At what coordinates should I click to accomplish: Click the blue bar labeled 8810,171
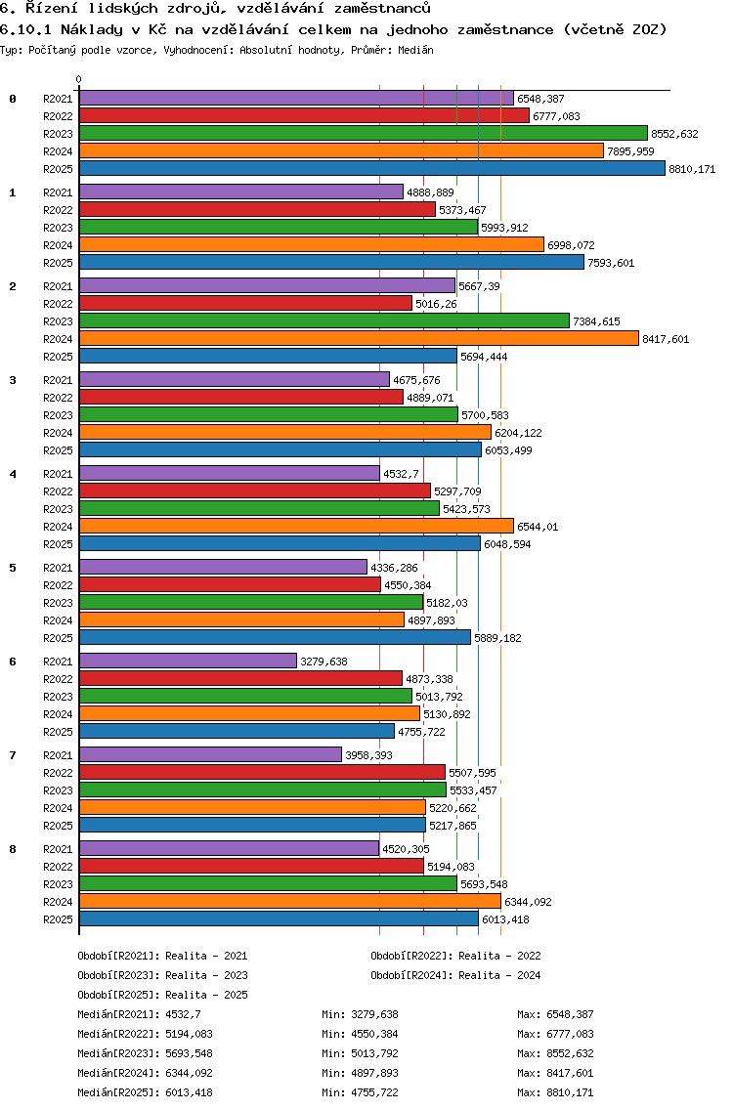(x=371, y=168)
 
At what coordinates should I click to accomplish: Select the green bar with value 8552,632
(x=363, y=133)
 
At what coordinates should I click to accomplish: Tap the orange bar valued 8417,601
(x=359, y=338)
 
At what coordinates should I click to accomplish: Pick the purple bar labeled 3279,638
(x=188, y=661)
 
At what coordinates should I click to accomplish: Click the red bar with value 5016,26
(x=245, y=303)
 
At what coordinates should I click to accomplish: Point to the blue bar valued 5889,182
(x=275, y=637)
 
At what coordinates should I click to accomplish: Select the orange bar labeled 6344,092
(x=289, y=901)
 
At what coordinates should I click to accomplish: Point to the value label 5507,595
(x=472, y=773)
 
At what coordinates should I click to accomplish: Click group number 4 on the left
(x=13, y=474)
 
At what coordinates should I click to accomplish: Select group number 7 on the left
(x=13, y=755)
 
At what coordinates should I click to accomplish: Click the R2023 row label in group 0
(x=59, y=134)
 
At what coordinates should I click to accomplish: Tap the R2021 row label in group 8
(x=59, y=849)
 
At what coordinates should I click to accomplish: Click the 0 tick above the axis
(x=79, y=79)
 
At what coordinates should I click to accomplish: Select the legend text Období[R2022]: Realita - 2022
(x=455, y=956)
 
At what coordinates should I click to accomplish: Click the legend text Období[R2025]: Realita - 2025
(x=162, y=995)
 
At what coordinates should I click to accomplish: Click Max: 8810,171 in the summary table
(x=555, y=1092)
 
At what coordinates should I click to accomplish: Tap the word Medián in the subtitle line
(x=414, y=49)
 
